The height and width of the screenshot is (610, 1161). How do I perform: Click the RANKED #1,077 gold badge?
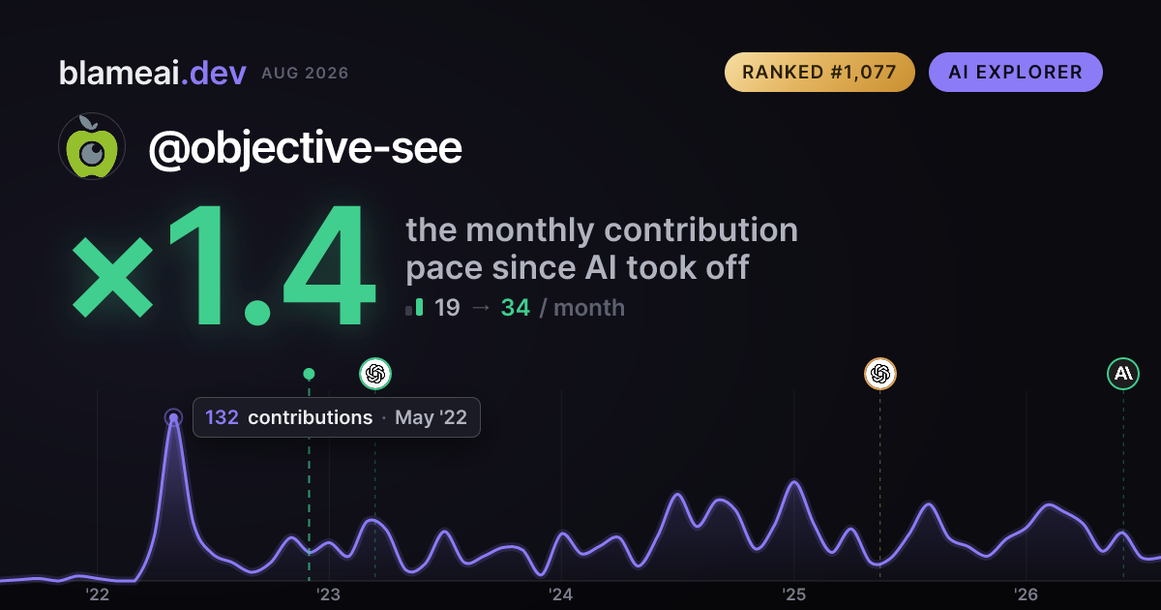tap(819, 72)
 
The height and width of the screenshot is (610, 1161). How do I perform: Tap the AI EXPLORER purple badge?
tap(1015, 72)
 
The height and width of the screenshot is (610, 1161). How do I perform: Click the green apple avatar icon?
tap(92, 146)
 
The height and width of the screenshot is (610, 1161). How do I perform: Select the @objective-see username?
tap(305, 148)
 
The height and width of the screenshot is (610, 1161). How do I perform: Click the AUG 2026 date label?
tap(305, 74)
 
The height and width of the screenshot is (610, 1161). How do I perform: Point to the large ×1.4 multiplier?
tap(223, 265)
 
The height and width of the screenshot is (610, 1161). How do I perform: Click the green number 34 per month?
tap(515, 308)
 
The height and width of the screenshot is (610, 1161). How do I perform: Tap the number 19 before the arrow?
tap(447, 308)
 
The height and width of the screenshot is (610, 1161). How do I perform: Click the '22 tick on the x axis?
tap(97, 595)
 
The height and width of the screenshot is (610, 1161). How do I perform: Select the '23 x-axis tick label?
tap(329, 595)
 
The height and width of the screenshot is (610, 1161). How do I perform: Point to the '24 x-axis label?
tap(561, 595)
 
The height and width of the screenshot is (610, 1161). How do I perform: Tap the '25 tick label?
tap(793, 595)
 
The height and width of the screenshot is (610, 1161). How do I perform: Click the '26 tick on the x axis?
tap(1026, 595)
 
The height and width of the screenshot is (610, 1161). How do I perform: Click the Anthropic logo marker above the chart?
tap(1123, 374)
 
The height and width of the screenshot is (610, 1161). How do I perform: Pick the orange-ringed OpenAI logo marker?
tap(880, 374)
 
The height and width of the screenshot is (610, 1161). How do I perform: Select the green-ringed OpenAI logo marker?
tap(375, 374)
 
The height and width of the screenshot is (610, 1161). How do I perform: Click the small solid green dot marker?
tap(309, 374)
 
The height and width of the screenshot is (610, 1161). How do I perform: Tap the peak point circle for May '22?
tap(173, 417)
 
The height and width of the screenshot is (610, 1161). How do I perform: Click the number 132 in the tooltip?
tap(222, 417)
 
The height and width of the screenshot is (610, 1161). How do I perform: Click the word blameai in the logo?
tap(119, 74)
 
